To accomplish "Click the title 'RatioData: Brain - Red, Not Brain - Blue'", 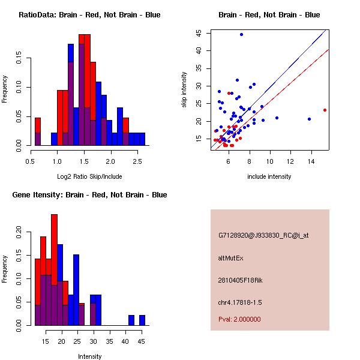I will point(89,14).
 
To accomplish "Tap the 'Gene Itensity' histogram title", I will point(89,194).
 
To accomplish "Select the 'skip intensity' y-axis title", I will point(184,89).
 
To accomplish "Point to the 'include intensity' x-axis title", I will point(269,176).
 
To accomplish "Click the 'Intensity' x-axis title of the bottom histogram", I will point(89,356).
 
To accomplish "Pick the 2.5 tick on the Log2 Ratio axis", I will point(137,160).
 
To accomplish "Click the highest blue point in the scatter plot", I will point(241,34).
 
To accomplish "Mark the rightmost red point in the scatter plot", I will point(325,110).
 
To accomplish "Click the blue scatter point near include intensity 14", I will point(309,119).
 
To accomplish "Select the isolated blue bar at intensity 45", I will point(142,320).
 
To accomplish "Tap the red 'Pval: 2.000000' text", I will point(239,319).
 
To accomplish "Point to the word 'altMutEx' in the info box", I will point(231,258).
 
